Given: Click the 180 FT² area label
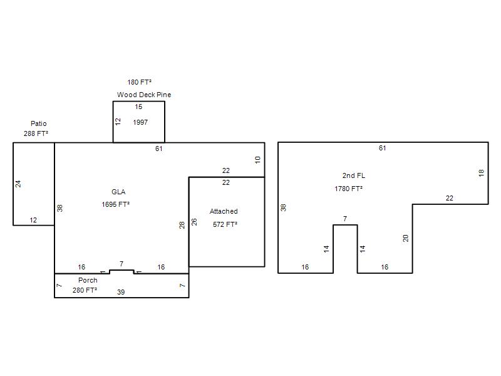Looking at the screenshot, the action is (x=139, y=82).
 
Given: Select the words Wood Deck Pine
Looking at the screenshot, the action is (x=144, y=95).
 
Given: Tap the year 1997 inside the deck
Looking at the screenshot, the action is (x=140, y=122).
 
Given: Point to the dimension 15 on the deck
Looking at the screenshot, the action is (x=138, y=107).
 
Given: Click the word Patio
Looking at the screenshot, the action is (x=39, y=123).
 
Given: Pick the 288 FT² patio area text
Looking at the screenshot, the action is (x=36, y=133).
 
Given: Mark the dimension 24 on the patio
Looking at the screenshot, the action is (x=18, y=184).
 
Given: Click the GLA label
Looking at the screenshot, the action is (x=118, y=192).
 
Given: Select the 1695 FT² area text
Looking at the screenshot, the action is (x=115, y=204).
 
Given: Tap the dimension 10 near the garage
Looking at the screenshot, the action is (x=257, y=160).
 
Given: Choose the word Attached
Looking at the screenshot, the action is (x=224, y=211).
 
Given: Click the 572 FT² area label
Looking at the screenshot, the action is (x=225, y=224).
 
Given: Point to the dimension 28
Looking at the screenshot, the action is (x=182, y=226).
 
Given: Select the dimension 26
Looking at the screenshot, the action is (x=194, y=222).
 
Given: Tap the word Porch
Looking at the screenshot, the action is (x=88, y=280).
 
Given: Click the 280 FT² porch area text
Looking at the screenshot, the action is (x=85, y=290).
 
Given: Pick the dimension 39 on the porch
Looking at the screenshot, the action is (x=121, y=292).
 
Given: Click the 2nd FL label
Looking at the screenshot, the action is (x=354, y=175).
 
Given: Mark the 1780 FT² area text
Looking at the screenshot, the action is (x=349, y=189).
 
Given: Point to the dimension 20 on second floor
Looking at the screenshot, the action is (x=405, y=238).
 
